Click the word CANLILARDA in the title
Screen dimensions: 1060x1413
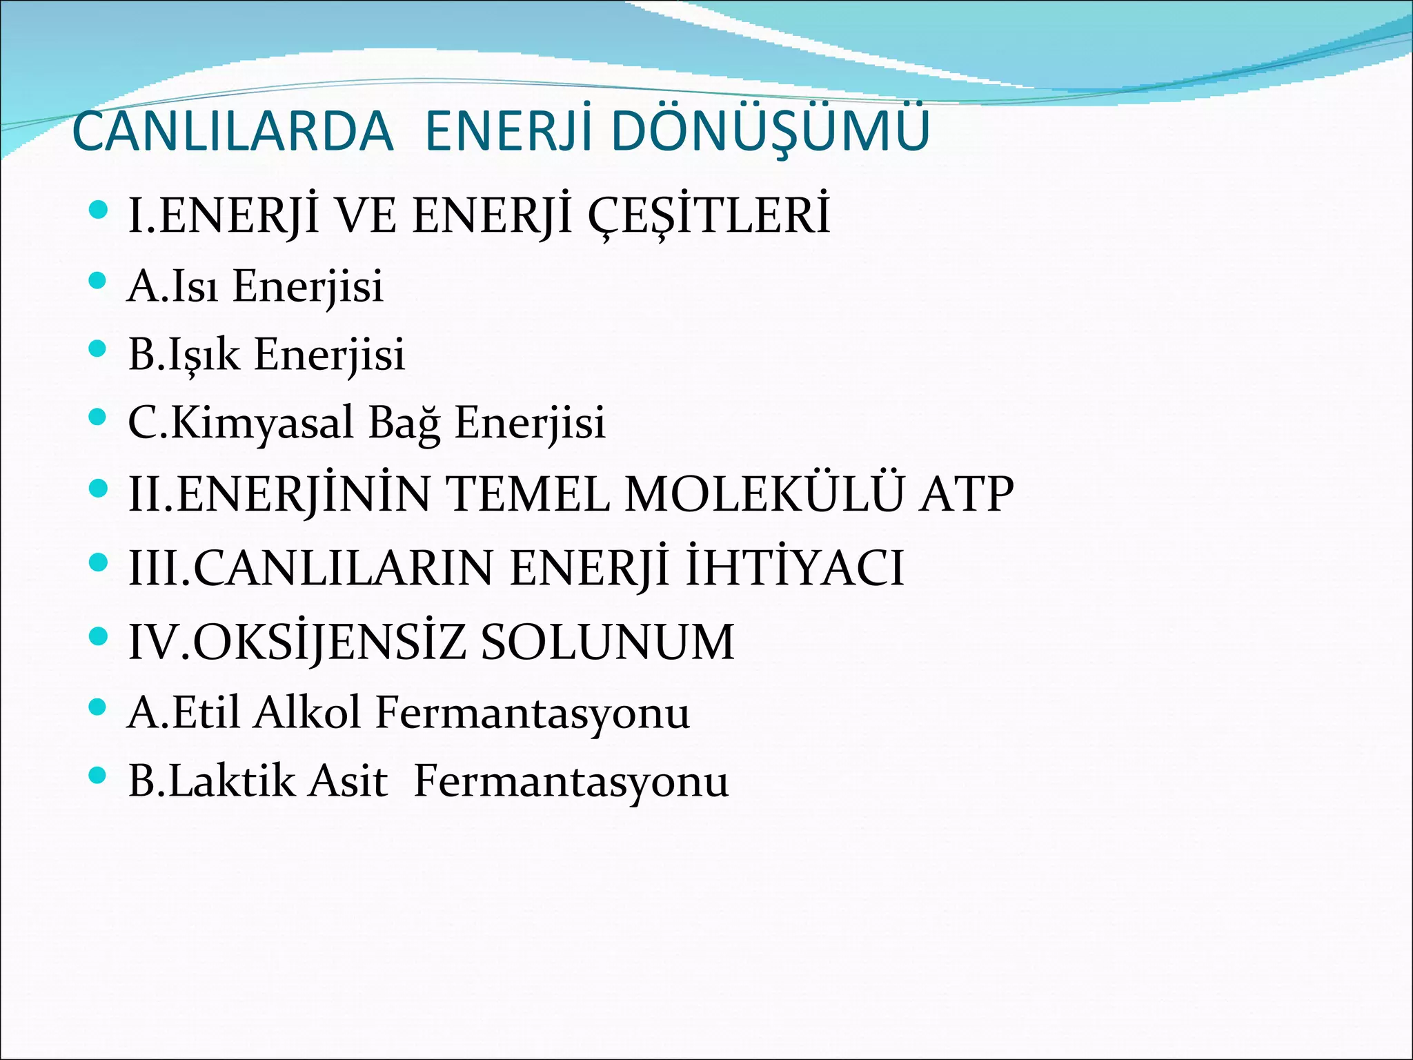tap(233, 131)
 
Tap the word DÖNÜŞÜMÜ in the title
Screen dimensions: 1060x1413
tap(770, 131)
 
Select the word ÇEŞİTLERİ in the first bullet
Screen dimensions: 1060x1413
tap(709, 215)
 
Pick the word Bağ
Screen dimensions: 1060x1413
tap(404, 422)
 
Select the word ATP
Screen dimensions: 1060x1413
tap(966, 494)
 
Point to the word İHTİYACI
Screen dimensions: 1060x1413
tap(794, 568)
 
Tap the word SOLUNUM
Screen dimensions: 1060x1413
tap(607, 642)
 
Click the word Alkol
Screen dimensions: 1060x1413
tap(307, 712)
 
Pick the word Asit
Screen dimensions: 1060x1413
tap(348, 781)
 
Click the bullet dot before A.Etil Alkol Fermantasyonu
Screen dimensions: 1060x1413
tap(99, 706)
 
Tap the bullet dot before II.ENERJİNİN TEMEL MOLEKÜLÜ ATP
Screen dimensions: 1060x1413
tap(99, 489)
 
